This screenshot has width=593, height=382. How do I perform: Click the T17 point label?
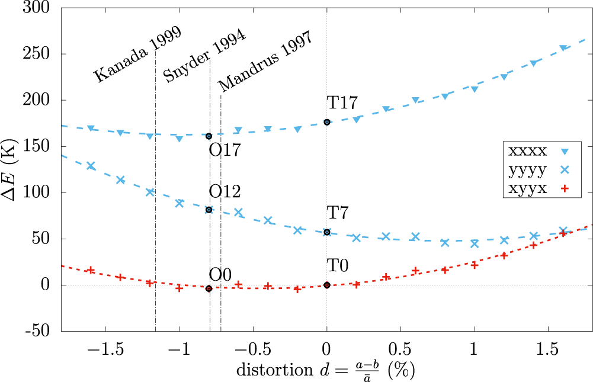click(x=342, y=103)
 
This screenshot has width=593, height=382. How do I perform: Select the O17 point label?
click(x=225, y=150)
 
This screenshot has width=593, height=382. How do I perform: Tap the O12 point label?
click(x=225, y=192)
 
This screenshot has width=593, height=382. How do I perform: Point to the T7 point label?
click(x=337, y=212)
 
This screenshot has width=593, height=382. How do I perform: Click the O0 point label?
click(x=220, y=275)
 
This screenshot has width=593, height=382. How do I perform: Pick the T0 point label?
click(x=337, y=266)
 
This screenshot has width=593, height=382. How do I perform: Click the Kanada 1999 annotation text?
click(x=137, y=54)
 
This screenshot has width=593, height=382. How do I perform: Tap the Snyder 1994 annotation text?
click(x=204, y=56)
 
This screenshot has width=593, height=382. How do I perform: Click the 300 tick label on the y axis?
click(x=40, y=8)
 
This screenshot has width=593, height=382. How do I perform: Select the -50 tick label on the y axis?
click(x=39, y=331)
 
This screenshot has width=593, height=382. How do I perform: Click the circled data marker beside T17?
click(x=327, y=122)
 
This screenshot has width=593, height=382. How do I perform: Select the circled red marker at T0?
click(x=327, y=285)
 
